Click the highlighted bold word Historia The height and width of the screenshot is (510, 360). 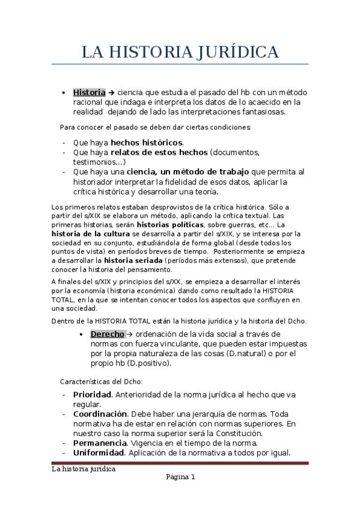pos(89,93)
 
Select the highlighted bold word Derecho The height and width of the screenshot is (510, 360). pos(108,334)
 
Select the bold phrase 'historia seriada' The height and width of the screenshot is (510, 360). pos(132,260)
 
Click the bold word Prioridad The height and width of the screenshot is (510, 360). pos(93,395)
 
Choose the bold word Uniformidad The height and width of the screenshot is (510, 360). pos(99,453)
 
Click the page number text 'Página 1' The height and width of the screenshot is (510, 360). pos(181,478)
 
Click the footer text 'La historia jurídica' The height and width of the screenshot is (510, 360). pos(84,469)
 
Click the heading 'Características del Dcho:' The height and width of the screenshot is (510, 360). pos(102,381)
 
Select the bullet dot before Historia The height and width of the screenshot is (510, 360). pos(64,93)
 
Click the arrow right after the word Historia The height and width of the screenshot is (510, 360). pos(111,93)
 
